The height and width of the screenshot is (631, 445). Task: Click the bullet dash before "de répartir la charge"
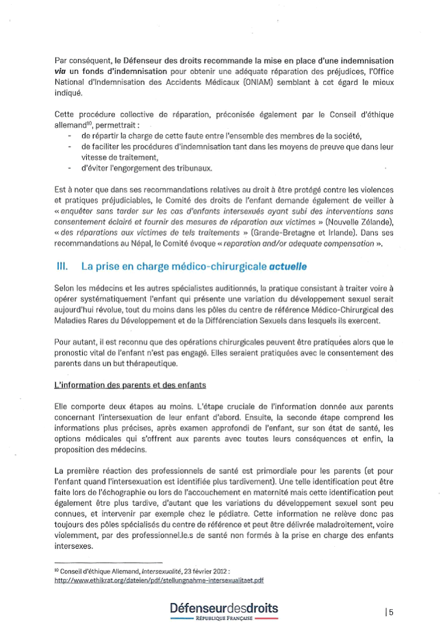(x=71, y=136)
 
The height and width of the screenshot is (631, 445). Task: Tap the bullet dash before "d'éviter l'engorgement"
(x=71, y=167)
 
